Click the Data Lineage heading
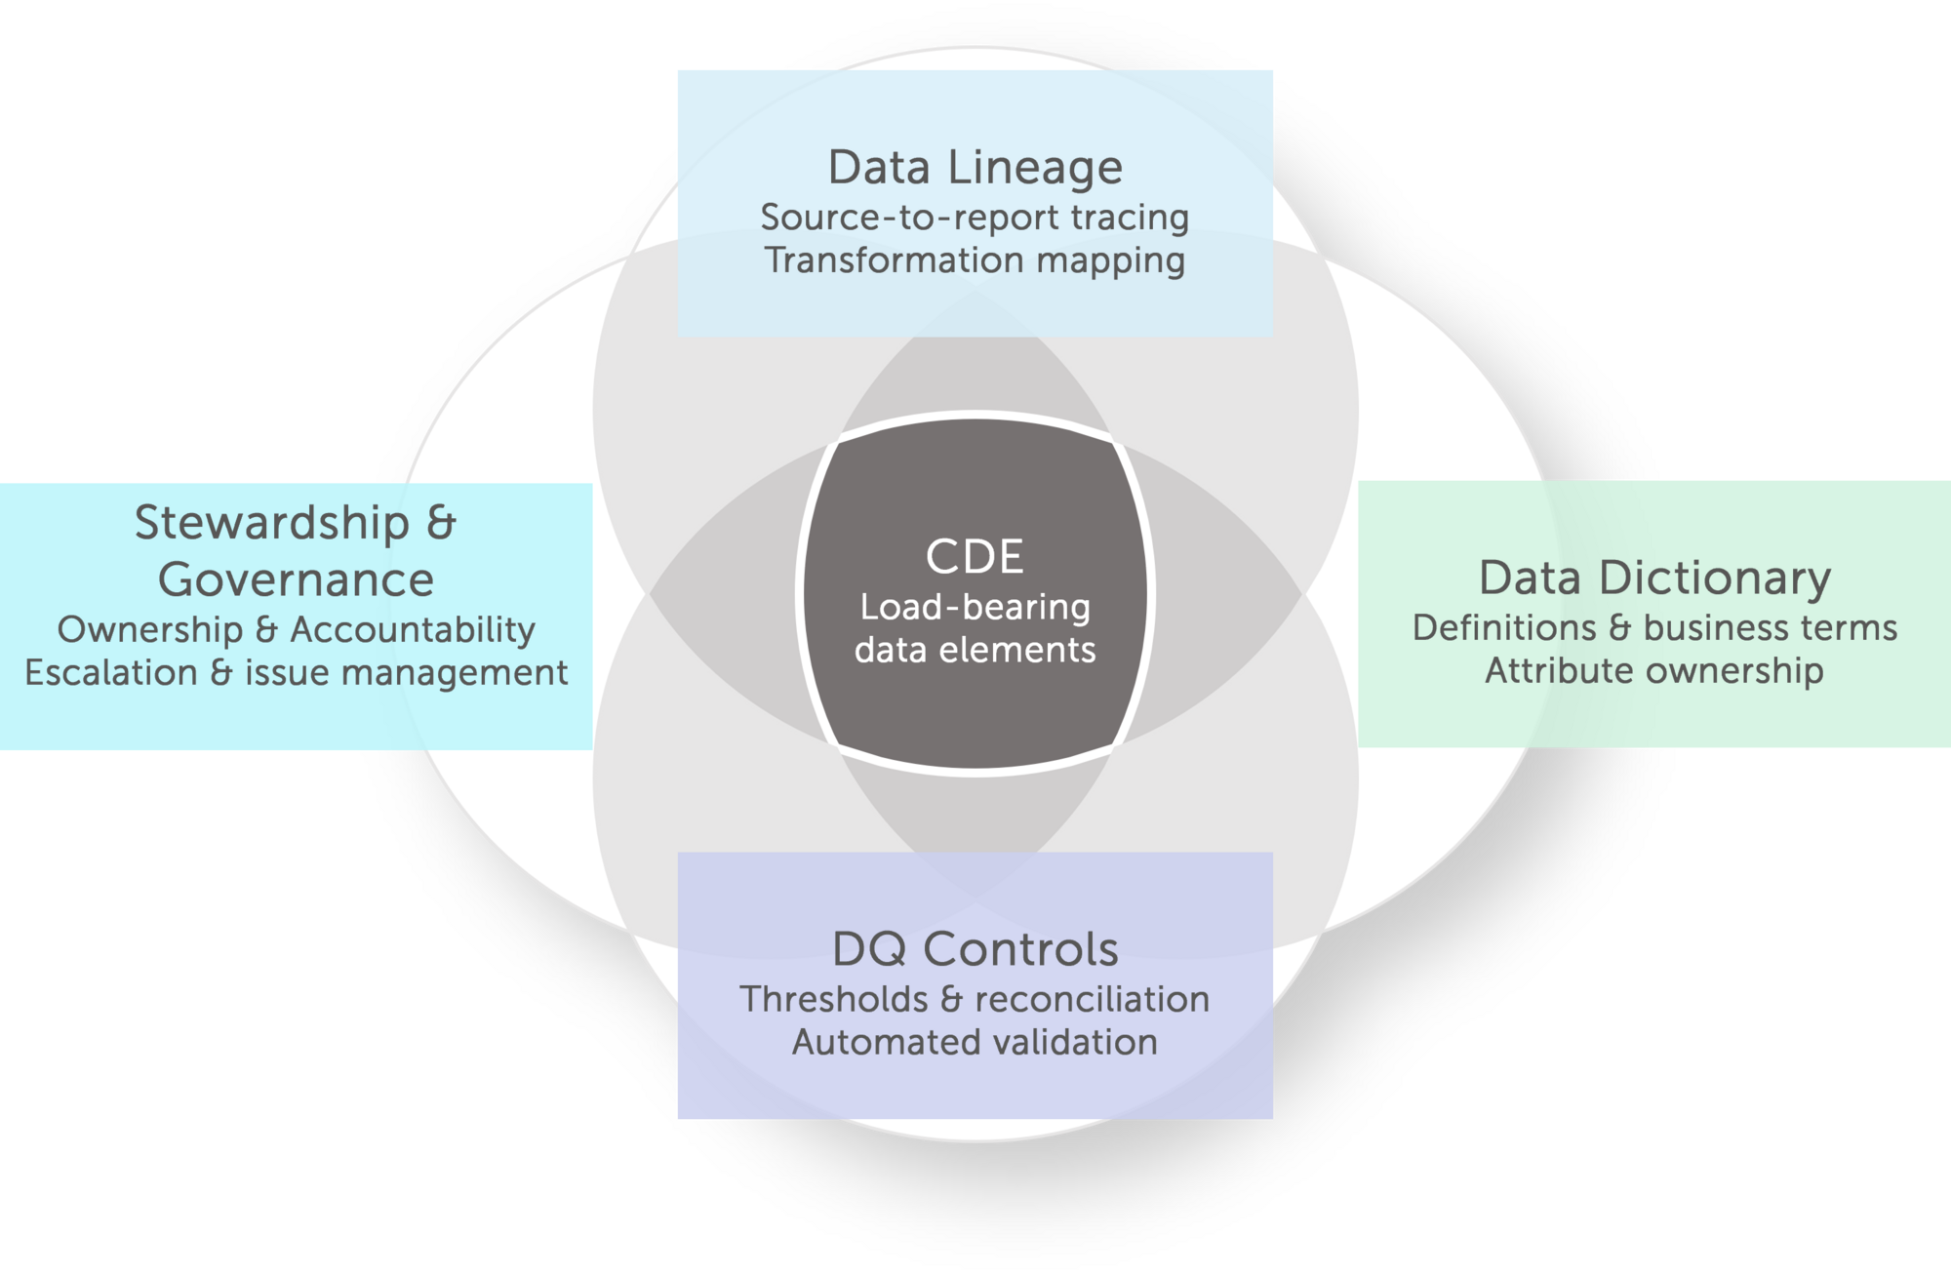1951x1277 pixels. (x=975, y=168)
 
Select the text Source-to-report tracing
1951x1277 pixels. (x=975, y=218)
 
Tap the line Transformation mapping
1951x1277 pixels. (x=975, y=260)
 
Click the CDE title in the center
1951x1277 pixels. (x=975, y=557)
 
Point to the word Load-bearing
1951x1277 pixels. (x=975, y=608)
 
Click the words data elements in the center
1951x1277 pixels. (x=975, y=651)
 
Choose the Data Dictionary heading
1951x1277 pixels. (x=1654, y=578)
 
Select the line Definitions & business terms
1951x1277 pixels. (x=1654, y=628)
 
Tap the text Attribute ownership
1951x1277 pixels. (x=1654, y=671)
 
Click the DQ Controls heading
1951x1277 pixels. (x=975, y=949)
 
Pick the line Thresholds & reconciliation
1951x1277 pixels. (x=975, y=999)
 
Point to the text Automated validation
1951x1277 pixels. (x=975, y=1042)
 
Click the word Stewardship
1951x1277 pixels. (x=271, y=523)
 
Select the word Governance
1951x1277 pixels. (x=296, y=579)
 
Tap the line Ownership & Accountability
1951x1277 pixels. (x=296, y=629)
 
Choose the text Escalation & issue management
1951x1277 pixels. (x=296, y=672)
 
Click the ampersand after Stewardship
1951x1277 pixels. (x=441, y=523)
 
